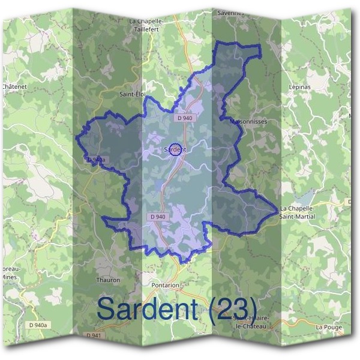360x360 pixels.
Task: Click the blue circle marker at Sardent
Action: pos(175,149)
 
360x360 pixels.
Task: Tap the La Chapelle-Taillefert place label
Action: pos(146,23)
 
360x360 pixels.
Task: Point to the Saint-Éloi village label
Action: pos(133,94)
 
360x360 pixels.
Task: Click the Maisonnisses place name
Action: pos(248,121)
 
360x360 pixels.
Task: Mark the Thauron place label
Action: pos(108,280)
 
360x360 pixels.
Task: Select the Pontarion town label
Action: pos(165,286)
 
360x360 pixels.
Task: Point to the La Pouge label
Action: pos(328,327)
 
